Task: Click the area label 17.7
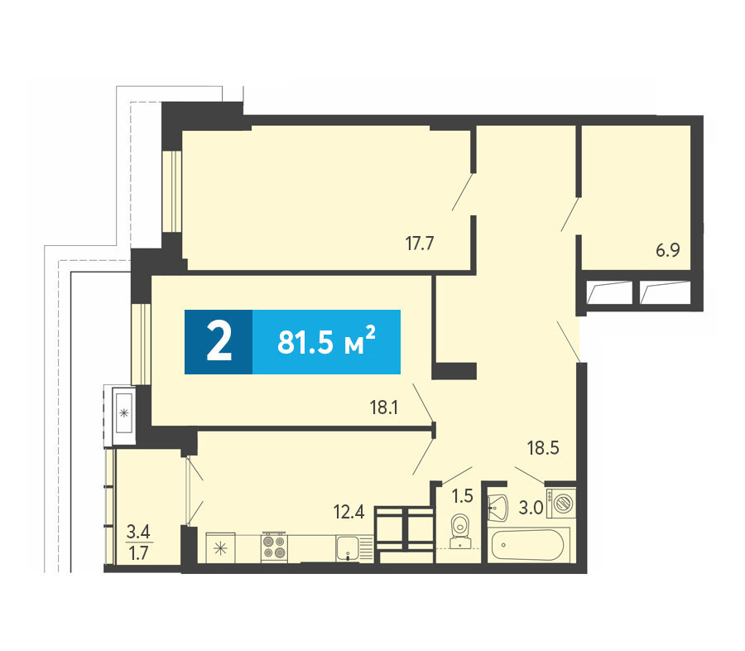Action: point(420,244)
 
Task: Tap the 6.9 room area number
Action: point(668,249)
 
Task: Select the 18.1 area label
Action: point(384,407)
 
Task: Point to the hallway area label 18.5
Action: point(543,447)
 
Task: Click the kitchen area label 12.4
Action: point(348,512)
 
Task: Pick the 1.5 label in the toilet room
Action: point(462,496)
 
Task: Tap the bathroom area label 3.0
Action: point(531,508)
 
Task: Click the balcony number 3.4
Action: point(138,531)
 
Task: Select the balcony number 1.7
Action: point(139,553)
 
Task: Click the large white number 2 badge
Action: point(219,342)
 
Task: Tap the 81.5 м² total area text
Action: point(326,342)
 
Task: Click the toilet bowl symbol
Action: point(459,531)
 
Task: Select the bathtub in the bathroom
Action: point(528,545)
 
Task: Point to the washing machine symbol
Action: point(561,503)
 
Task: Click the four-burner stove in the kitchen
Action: point(275,547)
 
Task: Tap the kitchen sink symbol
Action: point(354,547)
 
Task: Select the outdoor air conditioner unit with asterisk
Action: point(123,412)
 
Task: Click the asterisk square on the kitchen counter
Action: point(220,548)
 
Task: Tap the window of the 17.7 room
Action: point(172,191)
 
